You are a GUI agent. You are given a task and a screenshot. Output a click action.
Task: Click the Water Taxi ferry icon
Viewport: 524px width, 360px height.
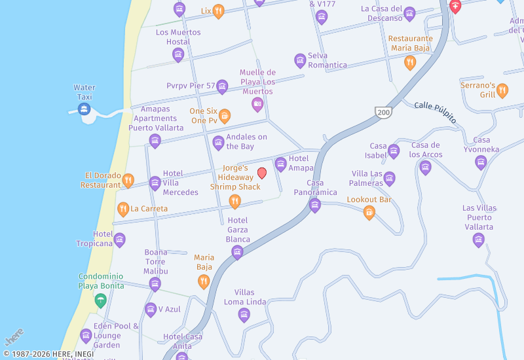click(84, 109)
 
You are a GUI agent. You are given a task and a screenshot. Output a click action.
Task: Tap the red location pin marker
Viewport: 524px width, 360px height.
click(262, 173)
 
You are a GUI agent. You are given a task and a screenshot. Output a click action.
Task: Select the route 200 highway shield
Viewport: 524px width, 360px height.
click(383, 113)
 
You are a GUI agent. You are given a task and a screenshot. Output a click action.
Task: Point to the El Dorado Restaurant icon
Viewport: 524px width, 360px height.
click(128, 180)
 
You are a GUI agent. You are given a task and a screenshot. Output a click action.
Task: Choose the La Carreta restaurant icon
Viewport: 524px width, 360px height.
click(123, 209)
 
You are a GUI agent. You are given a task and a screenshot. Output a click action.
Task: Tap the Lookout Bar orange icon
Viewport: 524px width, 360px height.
click(369, 212)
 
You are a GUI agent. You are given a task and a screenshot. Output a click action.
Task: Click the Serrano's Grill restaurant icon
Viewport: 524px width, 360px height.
click(502, 90)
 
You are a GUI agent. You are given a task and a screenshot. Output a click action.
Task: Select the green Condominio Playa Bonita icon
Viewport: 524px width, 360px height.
click(100, 300)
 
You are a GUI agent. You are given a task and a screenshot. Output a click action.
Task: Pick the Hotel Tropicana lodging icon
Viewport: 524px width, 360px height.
click(120, 240)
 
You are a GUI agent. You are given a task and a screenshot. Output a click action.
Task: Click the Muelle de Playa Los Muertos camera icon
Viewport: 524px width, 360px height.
click(257, 104)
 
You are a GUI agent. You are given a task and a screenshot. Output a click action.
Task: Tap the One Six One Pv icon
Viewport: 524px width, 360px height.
click(225, 116)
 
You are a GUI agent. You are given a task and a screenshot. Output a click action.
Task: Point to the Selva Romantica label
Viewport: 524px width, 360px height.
click(327, 60)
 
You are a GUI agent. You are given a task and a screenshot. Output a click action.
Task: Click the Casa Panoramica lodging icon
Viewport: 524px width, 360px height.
click(315, 206)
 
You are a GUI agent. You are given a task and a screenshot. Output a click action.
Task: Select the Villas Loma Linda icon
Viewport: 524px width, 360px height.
click(244, 315)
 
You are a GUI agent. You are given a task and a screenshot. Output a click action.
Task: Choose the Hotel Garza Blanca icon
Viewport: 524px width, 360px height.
click(238, 252)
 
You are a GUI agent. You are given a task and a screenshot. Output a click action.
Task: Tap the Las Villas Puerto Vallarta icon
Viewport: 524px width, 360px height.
click(479, 240)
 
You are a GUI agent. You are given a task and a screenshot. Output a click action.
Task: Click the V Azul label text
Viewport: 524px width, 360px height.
click(169, 309)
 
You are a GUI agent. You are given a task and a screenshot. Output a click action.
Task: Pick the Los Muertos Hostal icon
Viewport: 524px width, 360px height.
click(178, 54)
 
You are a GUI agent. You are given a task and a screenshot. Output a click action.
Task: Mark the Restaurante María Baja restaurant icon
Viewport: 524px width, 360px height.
click(410, 63)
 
